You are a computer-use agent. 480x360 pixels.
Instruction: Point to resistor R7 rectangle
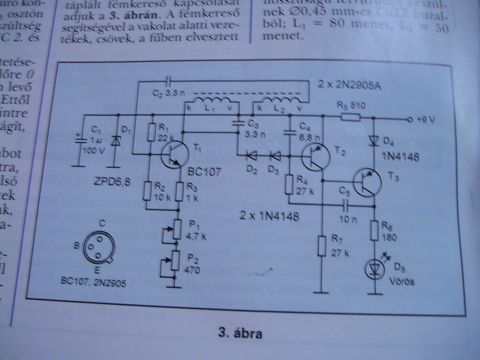pyautogui.click(x=322, y=246)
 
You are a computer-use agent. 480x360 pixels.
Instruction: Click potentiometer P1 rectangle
pyautogui.click(x=176, y=229)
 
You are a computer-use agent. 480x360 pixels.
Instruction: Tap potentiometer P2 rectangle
pyautogui.click(x=175, y=261)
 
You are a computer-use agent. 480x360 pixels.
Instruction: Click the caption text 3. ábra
pyautogui.click(x=240, y=334)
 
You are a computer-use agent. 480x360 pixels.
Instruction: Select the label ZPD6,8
pyautogui.click(x=105, y=177)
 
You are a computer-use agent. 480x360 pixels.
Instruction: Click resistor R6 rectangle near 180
pyautogui.click(x=375, y=230)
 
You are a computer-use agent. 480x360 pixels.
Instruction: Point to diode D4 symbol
pyautogui.click(x=374, y=140)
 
